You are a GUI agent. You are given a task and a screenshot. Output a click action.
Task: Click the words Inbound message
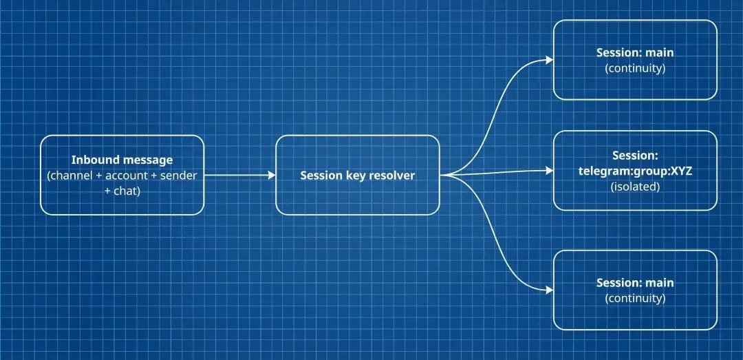pyautogui.click(x=122, y=160)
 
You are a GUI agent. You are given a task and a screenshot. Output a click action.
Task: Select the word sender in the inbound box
pyautogui.click(x=178, y=176)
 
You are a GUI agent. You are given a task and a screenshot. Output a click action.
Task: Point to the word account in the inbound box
pyautogui.click(x=127, y=176)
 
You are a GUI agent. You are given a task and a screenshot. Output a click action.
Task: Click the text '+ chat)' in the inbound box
pyautogui.click(x=122, y=191)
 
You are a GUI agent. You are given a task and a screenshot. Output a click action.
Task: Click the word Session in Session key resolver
pyautogui.click(x=321, y=176)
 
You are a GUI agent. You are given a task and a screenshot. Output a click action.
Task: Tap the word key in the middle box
pyautogui.click(x=354, y=176)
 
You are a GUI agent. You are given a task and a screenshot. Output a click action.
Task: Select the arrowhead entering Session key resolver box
pyautogui.click(x=272, y=176)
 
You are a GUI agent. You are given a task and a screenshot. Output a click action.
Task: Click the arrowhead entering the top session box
pyautogui.click(x=550, y=60)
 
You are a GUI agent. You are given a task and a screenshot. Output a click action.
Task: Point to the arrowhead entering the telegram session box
pyautogui.click(x=550, y=170)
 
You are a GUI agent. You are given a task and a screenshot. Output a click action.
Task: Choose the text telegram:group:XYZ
pyautogui.click(x=635, y=171)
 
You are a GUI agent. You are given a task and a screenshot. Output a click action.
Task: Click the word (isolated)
pyautogui.click(x=635, y=187)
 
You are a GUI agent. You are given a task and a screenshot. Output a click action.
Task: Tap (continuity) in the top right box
pyautogui.click(x=635, y=68)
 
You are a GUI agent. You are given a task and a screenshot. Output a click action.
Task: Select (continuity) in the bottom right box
pyautogui.click(x=635, y=298)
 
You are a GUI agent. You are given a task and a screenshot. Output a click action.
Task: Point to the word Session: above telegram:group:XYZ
pyautogui.click(x=635, y=156)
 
